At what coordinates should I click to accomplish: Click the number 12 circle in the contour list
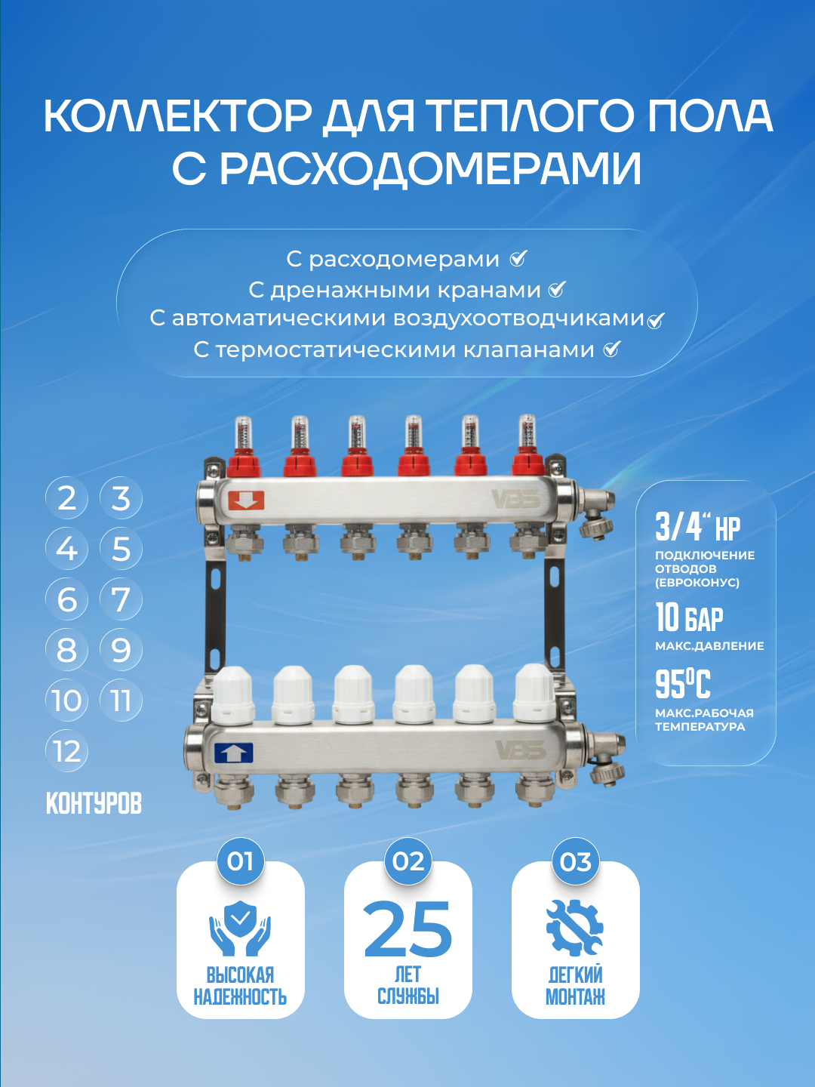click(67, 751)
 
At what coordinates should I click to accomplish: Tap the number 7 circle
click(121, 599)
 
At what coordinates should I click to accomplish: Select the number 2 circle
click(67, 498)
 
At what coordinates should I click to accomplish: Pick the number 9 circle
click(121, 650)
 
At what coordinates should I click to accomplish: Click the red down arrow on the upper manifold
click(246, 500)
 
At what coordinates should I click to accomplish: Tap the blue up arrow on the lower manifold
click(233, 753)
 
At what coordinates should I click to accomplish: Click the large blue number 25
click(407, 929)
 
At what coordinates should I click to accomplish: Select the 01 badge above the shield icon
click(240, 861)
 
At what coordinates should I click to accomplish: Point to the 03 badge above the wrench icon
click(575, 861)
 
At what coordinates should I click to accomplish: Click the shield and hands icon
click(240, 928)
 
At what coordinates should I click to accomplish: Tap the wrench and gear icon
click(575, 928)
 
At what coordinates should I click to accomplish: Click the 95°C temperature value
click(683, 685)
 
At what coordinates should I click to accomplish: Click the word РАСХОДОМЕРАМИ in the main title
click(407, 168)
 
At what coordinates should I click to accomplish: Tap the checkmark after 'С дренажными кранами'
click(557, 289)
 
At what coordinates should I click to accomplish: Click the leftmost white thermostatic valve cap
click(233, 694)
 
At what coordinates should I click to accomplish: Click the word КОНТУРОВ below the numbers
click(94, 804)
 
